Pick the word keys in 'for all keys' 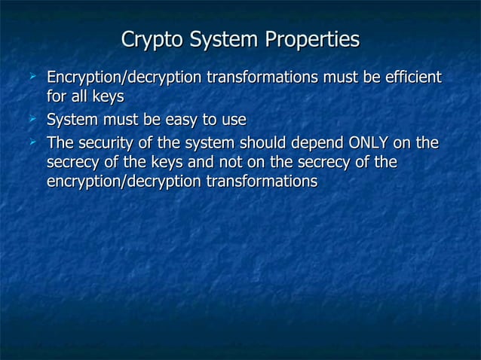[108, 96]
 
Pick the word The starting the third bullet [60, 143]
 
